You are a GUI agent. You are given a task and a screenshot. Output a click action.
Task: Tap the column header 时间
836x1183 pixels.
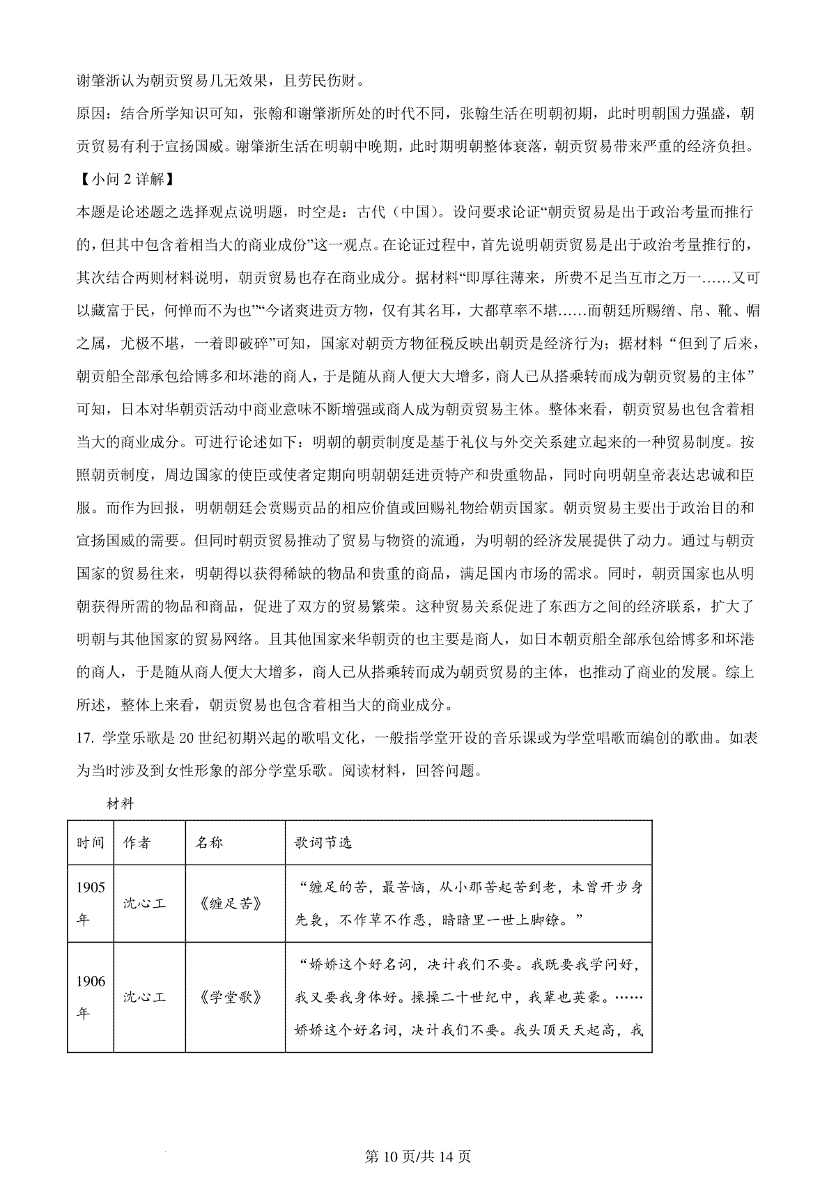(x=91, y=842)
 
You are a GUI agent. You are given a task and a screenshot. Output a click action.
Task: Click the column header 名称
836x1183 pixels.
(x=209, y=842)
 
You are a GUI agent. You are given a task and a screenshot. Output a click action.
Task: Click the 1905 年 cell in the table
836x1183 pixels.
(x=91, y=904)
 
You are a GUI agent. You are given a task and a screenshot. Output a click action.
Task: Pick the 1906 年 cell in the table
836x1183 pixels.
(x=91, y=997)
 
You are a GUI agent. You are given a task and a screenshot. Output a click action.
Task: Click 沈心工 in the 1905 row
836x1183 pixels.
(x=144, y=904)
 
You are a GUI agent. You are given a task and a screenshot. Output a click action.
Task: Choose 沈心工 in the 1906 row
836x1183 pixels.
(x=144, y=997)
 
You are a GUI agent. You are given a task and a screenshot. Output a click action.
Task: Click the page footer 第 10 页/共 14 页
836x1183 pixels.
(x=418, y=1157)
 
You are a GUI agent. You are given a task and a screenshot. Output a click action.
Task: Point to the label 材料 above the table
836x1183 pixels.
(x=121, y=804)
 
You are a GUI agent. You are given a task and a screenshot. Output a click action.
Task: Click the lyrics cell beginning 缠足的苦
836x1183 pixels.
(x=468, y=904)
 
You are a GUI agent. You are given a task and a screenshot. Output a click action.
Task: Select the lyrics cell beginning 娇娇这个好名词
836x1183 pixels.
(x=468, y=997)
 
